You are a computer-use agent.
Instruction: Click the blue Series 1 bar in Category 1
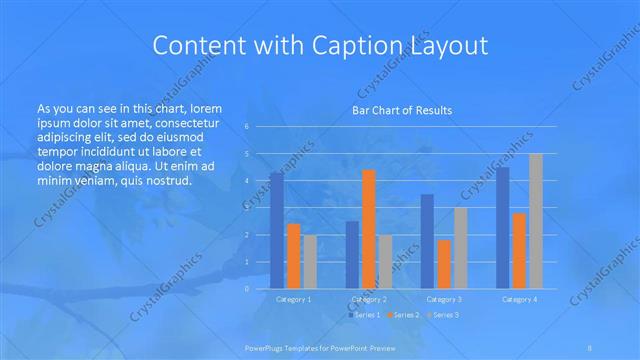pos(276,230)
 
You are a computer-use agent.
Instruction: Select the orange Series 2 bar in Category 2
pos(369,229)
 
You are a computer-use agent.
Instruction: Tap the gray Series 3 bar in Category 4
pos(536,221)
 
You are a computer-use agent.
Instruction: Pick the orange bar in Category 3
pos(444,264)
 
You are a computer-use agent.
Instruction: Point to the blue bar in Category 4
pos(502,228)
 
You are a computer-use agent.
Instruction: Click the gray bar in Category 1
pos(310,262)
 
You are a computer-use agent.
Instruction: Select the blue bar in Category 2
pos(352,255)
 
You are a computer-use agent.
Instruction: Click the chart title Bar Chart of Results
pos(401,110)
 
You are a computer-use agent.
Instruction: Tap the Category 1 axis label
pos(293,299)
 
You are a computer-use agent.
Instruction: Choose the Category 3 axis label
pos(444,299)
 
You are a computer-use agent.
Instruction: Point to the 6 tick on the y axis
pos(247,127)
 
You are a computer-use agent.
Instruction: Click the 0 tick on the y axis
pos(247,289)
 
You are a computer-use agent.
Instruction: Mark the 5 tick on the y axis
pos(247,154)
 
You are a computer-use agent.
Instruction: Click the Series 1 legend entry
pos(364,315)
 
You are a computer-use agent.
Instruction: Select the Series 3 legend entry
pos(444,315)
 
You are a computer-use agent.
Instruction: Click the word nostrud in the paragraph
pos(162,181)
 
